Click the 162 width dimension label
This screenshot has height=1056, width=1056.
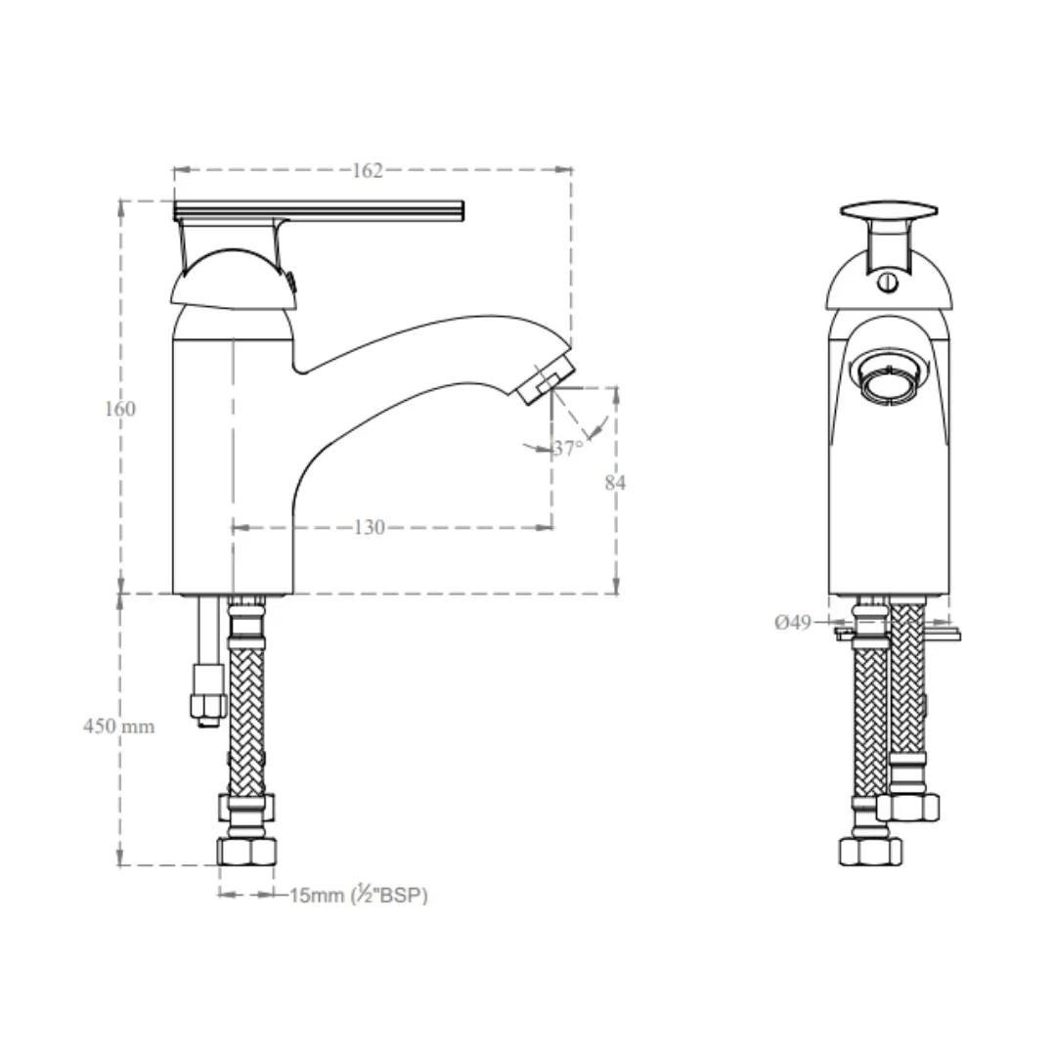[368, 171]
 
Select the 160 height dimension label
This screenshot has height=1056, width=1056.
[120, 409]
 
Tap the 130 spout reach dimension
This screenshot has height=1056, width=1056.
[369, 527]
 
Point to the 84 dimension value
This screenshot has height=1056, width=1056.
[615, 483]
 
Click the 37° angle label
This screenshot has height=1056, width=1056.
[568, 448]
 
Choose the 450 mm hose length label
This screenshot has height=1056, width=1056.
[119, 726]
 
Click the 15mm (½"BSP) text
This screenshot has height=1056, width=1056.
[359, 895]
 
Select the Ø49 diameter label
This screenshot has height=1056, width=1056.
[793, 622]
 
